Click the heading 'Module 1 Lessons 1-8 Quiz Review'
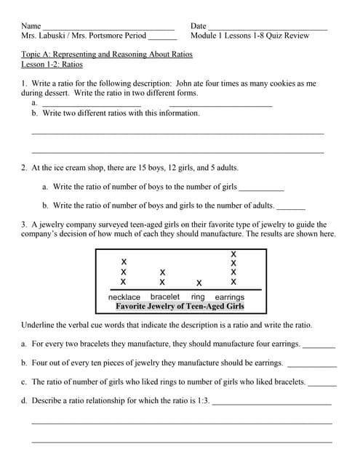[x=249, y=35]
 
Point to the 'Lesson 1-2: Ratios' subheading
[x=52, y=65]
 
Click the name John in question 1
[x=185, y=84]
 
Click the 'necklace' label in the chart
[x=124, y=297]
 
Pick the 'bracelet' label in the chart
[x=165, y=297]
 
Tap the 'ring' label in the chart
[x=198, y=297]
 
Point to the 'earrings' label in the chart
[x=230, y=297]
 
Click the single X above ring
[x=199, y=283]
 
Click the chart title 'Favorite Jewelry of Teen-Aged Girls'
[x=180, y=307]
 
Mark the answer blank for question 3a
[x=319, y=346]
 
